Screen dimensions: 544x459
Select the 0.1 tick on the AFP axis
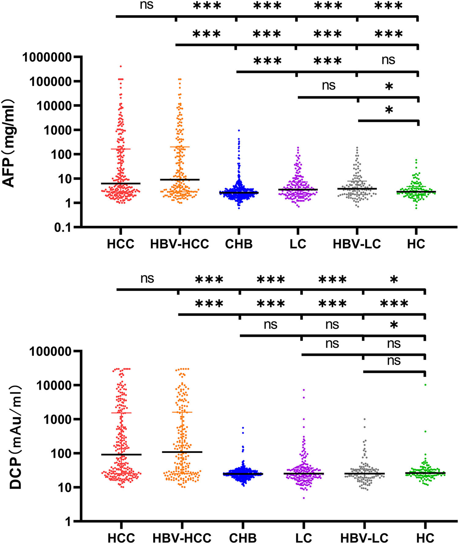(69, 227)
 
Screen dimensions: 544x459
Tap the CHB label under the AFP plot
(239, 244)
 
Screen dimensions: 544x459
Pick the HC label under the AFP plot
(416, 244)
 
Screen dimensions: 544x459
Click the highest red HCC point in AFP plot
(121, 66)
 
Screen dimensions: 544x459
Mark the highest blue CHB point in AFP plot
(239, 131)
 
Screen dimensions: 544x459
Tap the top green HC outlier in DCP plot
(425, 385)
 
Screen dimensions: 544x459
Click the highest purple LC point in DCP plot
(304, 390)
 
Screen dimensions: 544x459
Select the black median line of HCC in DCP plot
(121, 455)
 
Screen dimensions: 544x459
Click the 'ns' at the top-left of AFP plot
(146, 5)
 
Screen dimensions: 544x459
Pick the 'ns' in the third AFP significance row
(388, 60)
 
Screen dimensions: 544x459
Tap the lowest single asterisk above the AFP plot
(389, 110)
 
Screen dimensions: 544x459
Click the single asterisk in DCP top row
(394, 280)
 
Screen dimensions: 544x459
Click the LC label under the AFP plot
(298, 244)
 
